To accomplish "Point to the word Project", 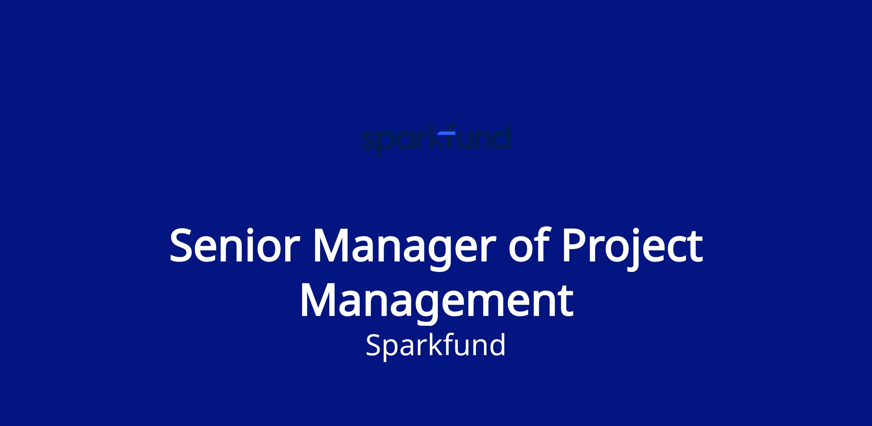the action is (x=632, y=248).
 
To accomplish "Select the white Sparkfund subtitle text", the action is (x=436, y=345).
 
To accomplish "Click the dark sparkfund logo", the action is (x=436, y=140).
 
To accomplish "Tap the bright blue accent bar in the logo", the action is (x=446, y=133).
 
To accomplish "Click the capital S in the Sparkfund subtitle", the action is (x=374, y=345).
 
